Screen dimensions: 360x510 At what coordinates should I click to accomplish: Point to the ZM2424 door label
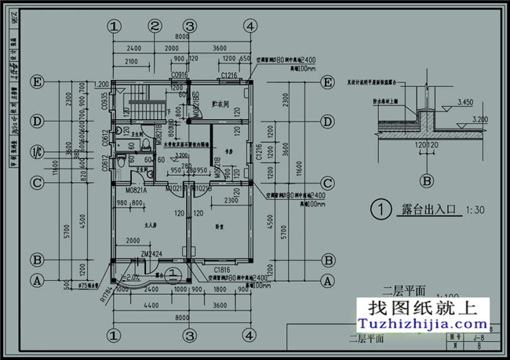tap(152, 254)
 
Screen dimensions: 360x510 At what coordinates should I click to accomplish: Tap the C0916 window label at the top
tap(180, 75)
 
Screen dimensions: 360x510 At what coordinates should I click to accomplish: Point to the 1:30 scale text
tap(475, 210)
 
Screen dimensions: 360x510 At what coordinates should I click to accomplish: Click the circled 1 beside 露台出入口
tap(380, 209)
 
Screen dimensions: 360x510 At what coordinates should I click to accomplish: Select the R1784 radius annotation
tap(106, 293)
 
